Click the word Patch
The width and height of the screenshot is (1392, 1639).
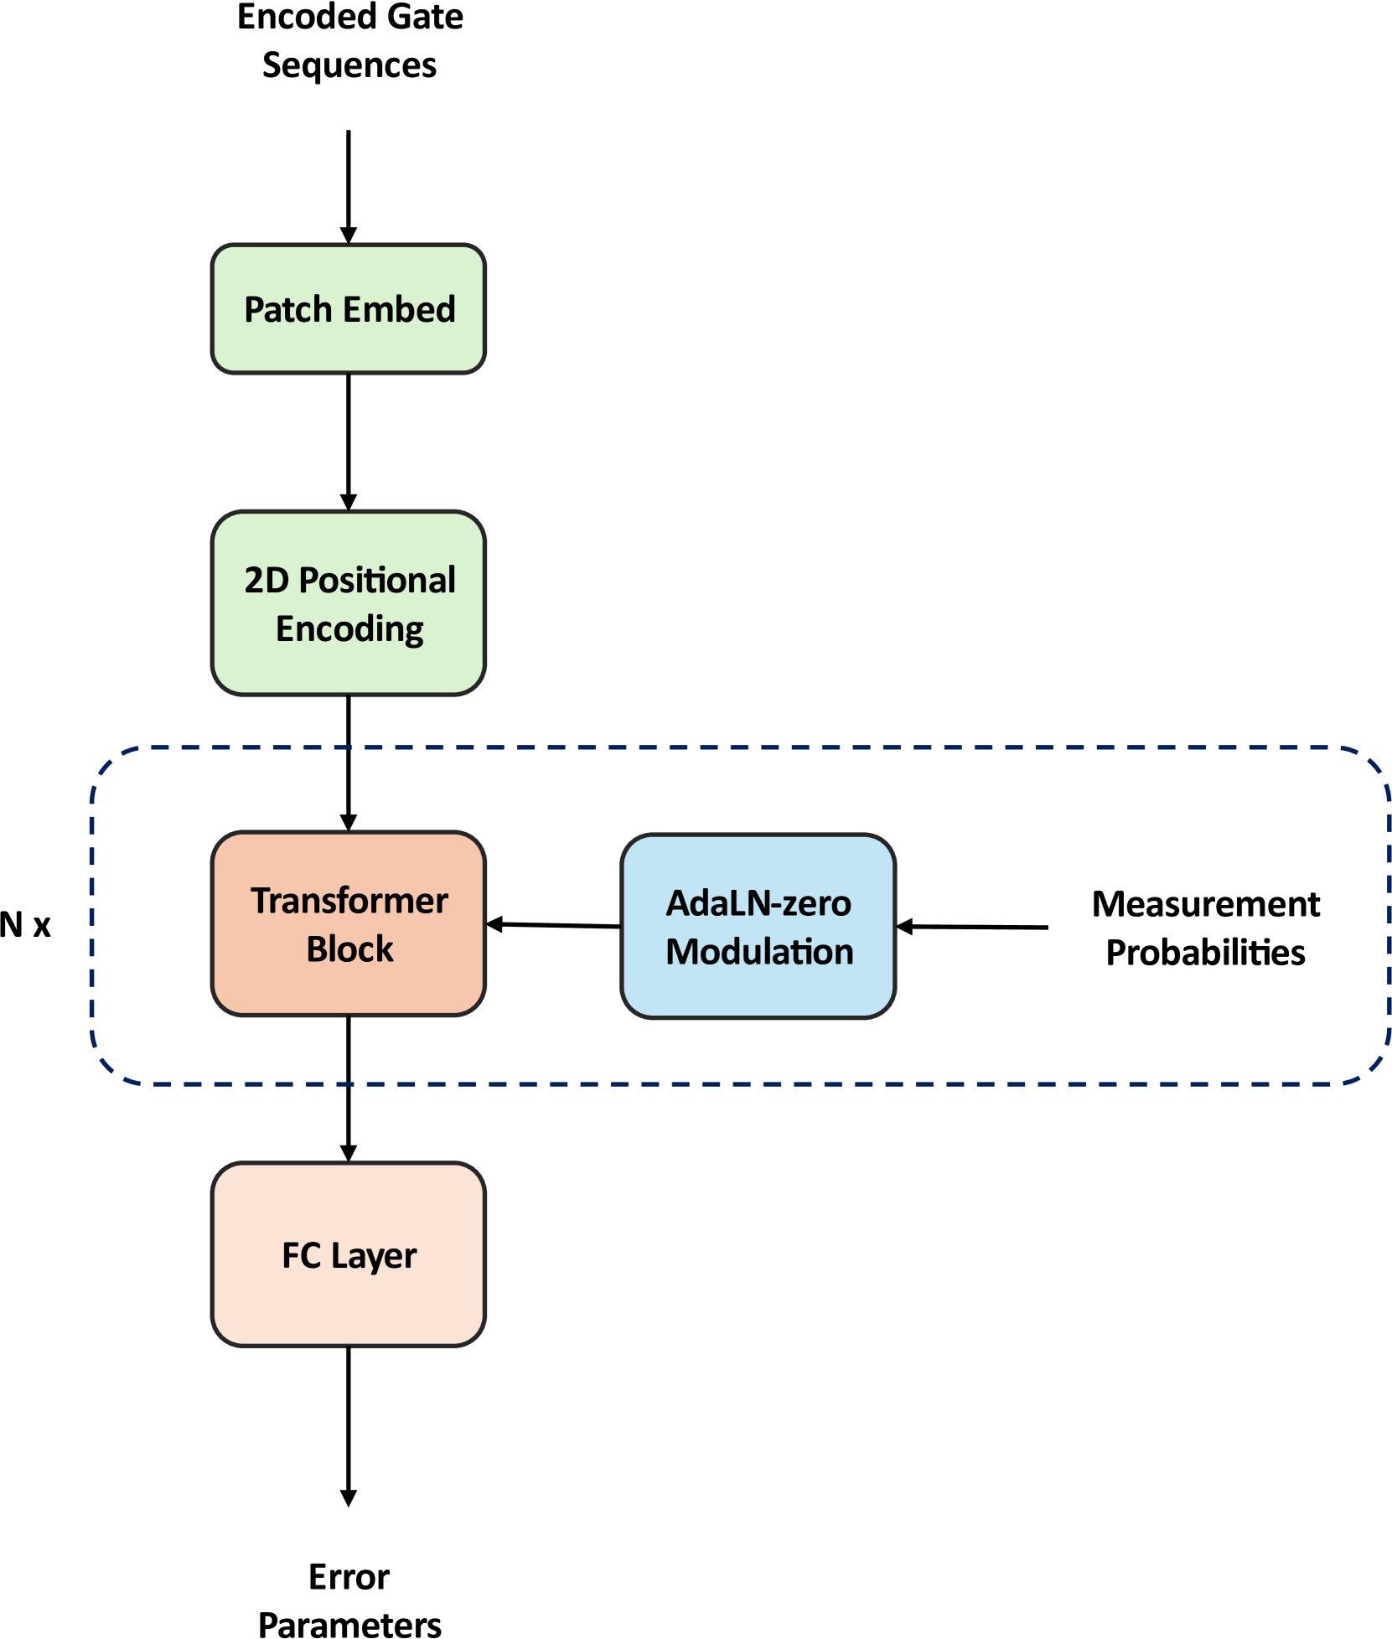pyautogui.click(x=287, y=310)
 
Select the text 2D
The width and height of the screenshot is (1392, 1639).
pyautogui.click(x=266, y=581)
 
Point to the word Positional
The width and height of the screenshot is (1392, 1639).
pyautogui.click(x=377, y=581)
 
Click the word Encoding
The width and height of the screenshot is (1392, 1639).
pyautogui.click(x=349, y=629)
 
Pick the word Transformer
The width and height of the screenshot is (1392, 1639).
pyautogui.click(x=349, y=902)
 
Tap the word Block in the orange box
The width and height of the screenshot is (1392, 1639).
pyautogui.click(x=349, y=949)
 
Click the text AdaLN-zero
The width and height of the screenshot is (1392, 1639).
pyautogui.click(x=758, y=904)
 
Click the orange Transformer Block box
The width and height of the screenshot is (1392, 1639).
pyautogui.click(x=349, y=989)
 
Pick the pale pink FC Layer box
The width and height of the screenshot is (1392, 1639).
pyautogui.click(x=349, y=1307)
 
